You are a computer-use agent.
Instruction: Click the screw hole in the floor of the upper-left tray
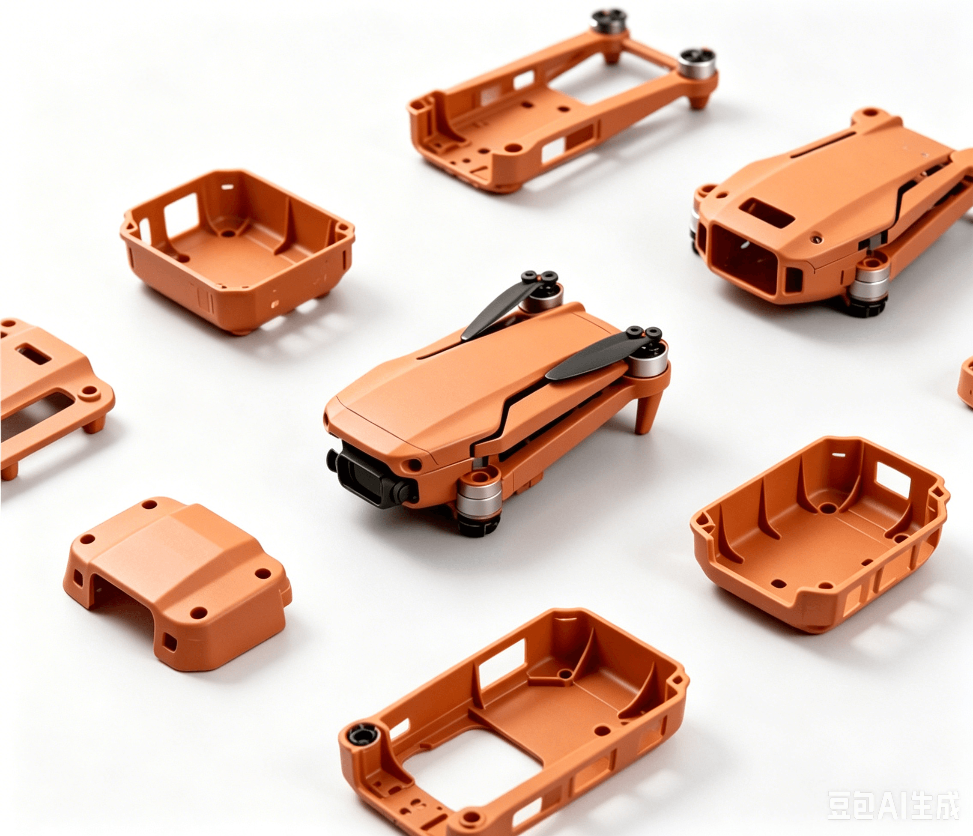[x=229, y=233]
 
